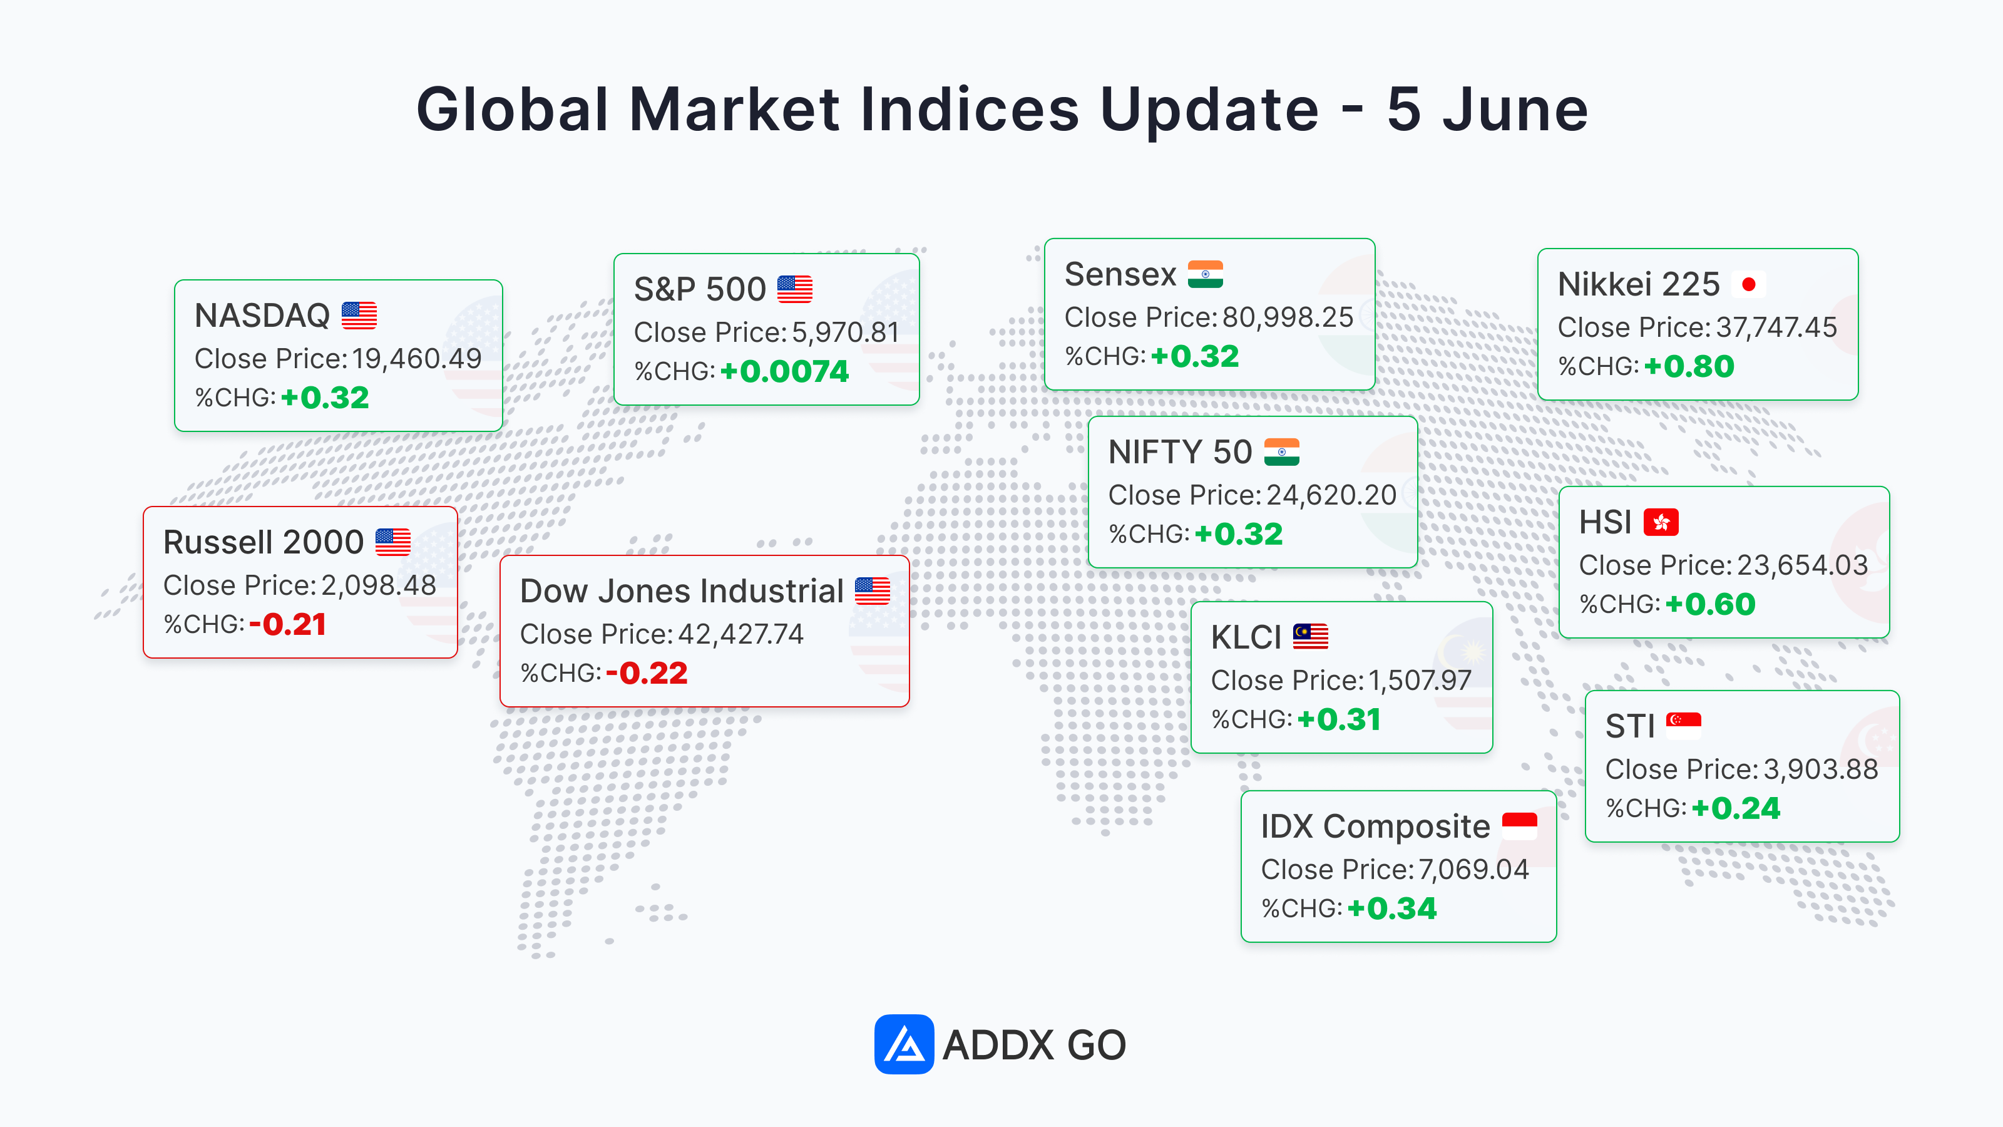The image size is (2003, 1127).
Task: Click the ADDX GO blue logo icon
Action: click(903, 1044)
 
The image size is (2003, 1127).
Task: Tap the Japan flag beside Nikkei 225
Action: click(1749, 285)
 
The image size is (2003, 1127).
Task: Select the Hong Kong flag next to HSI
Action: click(1661, 522)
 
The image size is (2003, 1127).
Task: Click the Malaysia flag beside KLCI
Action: click(1310, 636)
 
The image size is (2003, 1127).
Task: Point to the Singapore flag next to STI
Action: click(1683, 726)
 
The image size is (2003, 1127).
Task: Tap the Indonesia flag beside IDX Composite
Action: click(1519, 825)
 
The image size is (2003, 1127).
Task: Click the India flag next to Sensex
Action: click(1205, 274)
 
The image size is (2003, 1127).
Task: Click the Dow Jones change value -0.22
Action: click(647, 673)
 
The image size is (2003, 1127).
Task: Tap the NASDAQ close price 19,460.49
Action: click(417, 359)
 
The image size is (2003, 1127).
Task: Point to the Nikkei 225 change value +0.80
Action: click(1689, 366)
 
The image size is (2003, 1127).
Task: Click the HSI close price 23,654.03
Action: click(1801, 565)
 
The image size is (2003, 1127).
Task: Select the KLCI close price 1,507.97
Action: click(1420, 681)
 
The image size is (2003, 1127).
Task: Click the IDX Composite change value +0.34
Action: click(1392, 908)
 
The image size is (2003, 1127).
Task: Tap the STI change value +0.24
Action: click(1736, 808)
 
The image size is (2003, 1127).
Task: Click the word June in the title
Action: click(1515, 110)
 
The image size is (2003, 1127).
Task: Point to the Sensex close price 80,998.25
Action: click(1288, 317)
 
